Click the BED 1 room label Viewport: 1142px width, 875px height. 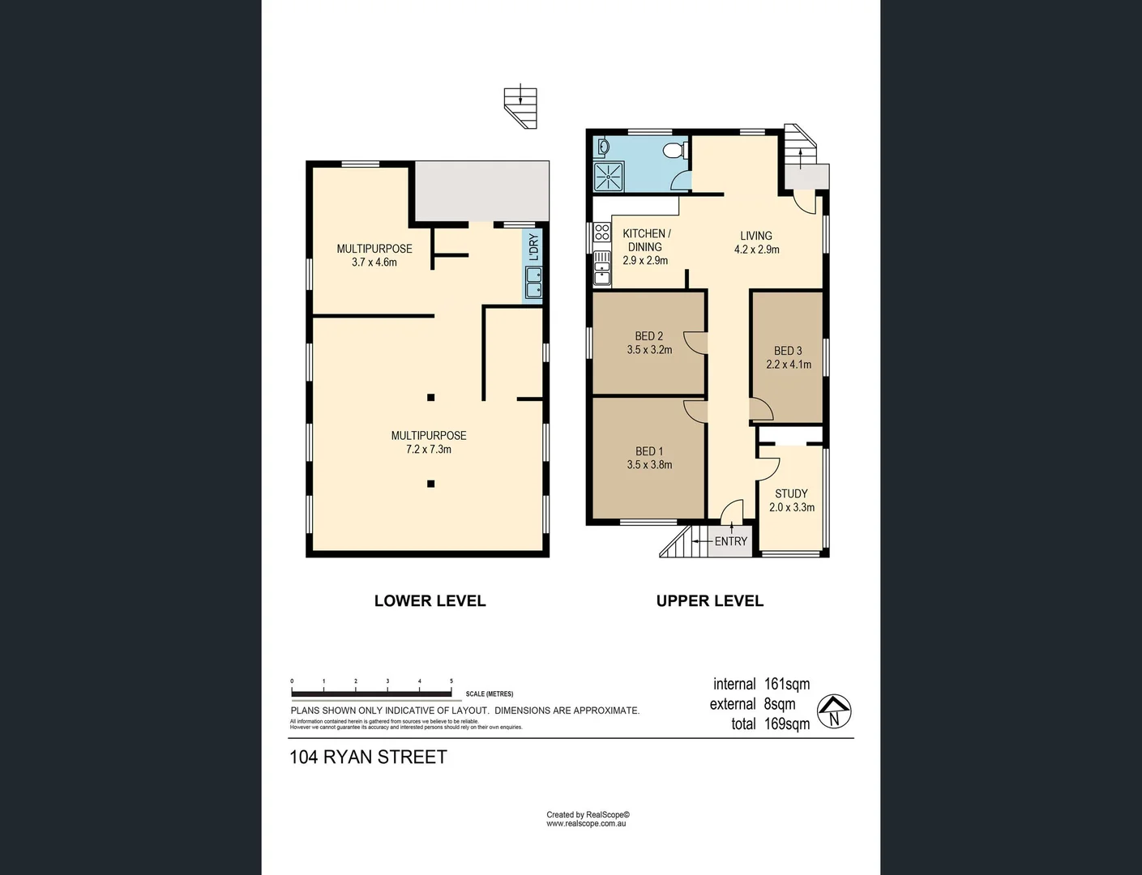(x=649, y=451)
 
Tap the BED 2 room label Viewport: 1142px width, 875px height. (x=649, y=336)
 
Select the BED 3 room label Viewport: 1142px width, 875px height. (x=788, y=351)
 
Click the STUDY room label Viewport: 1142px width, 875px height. (x=791, y=493)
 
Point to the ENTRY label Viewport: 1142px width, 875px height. (x=730, y=541)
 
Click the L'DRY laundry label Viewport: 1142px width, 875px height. (x=533, y=247)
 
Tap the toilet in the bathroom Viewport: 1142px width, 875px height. (x=674, y=151)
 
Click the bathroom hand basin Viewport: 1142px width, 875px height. (x=603, y=147)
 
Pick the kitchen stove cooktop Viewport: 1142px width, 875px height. (x=602, y=233)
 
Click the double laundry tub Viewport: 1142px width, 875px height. (x=533, y=283)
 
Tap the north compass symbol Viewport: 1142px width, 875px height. (x=834, y=712)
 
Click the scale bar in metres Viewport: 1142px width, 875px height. (x=371, y=694)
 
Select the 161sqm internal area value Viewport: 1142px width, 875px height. (x=786, y=684)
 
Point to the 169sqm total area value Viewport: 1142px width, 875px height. (x=786, y=723)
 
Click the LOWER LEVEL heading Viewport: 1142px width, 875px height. (x=430, y=600)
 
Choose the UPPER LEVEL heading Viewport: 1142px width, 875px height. (x=709, y=600)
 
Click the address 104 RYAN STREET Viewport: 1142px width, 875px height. (x=368, y=757)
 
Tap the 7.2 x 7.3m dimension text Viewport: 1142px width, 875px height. (x=429, y=449)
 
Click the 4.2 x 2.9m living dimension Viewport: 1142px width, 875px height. (x=756, y=250)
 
